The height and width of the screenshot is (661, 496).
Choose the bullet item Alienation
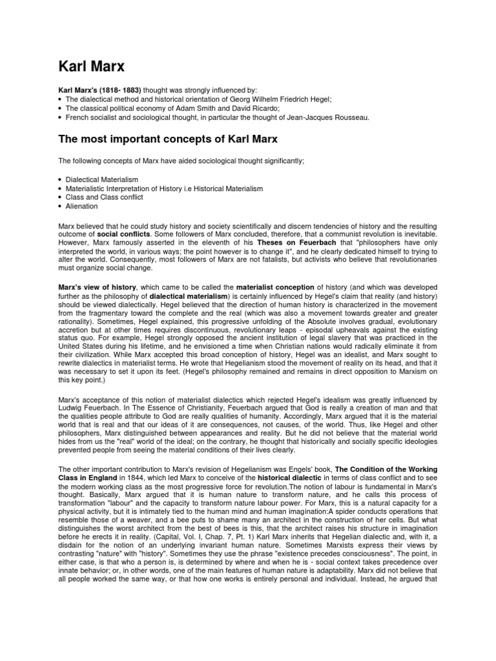point(81,207)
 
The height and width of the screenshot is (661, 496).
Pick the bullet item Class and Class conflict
point(104,198)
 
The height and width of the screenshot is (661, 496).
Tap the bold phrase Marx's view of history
point(98,287)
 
